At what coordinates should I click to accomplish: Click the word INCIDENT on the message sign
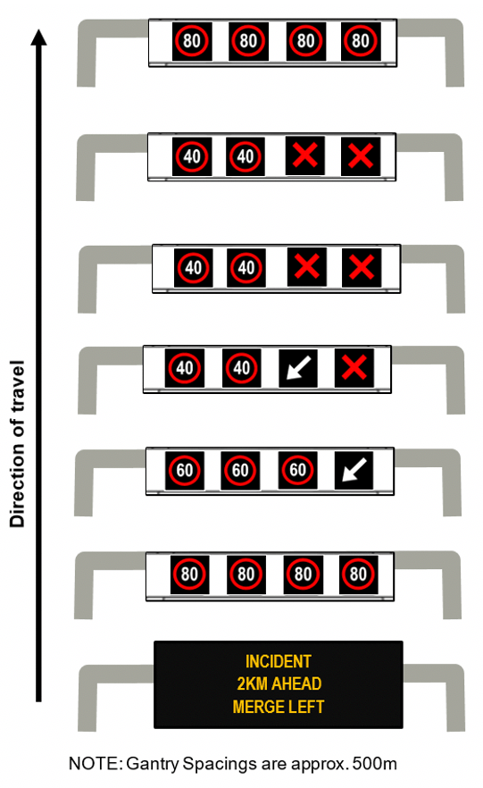[279, 661]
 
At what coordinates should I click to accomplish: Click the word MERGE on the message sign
[255, 707]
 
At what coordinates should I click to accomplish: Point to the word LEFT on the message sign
[304, 707]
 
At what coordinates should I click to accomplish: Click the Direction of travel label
[17, 444]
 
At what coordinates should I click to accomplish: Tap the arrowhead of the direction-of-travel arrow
[38, 38]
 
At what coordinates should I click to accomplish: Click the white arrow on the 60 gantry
[354, 470]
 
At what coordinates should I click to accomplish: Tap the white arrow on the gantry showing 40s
[298, 368]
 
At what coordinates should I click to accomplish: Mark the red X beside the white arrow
[354, 368]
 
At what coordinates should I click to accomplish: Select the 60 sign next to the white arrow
[297, 470]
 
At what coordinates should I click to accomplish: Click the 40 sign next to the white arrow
[241, 368]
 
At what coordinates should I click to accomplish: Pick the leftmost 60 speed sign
[185, 470]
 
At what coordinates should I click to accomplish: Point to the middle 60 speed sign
[240, 470]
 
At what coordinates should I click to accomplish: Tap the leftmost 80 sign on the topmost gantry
[192, 41]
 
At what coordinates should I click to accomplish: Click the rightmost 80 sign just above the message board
[358, 574]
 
